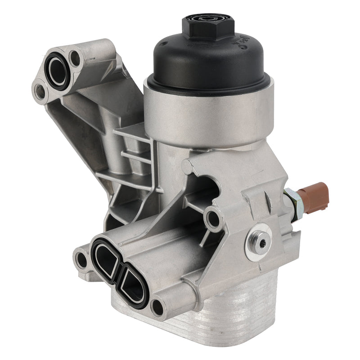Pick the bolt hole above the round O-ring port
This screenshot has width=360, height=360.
(x=76, y=58)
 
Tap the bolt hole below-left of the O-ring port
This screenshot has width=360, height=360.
(x=40, y=92)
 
